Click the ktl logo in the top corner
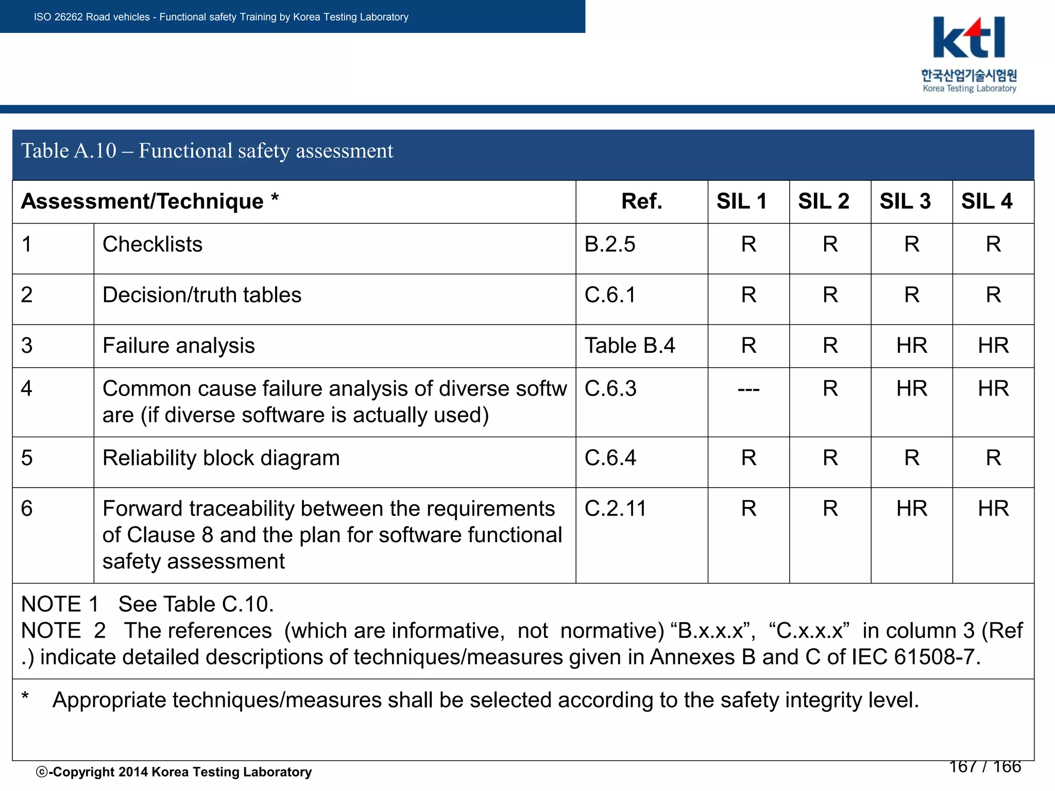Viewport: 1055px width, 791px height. pyautogui.click(x=969, y=54)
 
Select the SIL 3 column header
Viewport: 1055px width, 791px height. pyautogui.click(x=905, y=201)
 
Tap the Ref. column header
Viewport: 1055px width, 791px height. pyautogui.click(x=641, y=201)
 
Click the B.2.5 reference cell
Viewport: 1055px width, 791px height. pyautogui.click(x=610, y=245)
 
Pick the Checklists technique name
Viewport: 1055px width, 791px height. pyautogui.click(x=152, y=245)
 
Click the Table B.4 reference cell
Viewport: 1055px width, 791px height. pyautogui.click(x=629, y=346)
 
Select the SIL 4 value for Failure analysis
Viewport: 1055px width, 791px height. pyautogui.click(x=993, y=346)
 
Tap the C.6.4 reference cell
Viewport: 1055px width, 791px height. pyautogui.click(x=610, y=458)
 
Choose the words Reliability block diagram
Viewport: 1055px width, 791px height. pyautogui.click(x=221, y=458)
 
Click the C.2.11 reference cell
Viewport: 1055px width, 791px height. pyautogui.click(x=615, y=509)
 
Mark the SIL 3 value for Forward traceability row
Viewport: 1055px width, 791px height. pyautogui.click(x=912, y=509)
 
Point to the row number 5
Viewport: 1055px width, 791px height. pyautogui.click(x=27, y=458)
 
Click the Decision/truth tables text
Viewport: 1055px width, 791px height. pyautogui.click(x=202, y=295)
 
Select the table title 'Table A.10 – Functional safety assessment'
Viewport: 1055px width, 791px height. pyautogui.click(x=207, y=151)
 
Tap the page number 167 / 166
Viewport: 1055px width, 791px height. pyautogui.click(x=985, y=767)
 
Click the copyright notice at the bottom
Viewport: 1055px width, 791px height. pyautogui.click(x=174, y=772)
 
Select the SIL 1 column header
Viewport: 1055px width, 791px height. pyautogui.click(x=742, y=201)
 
